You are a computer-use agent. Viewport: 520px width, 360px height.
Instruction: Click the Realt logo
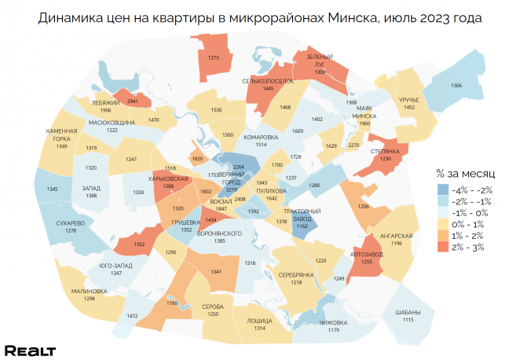tap(30, 350)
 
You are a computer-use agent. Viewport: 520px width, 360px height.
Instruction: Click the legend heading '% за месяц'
tap(462, 173)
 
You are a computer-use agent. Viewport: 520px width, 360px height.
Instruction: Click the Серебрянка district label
tap(296, 274)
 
